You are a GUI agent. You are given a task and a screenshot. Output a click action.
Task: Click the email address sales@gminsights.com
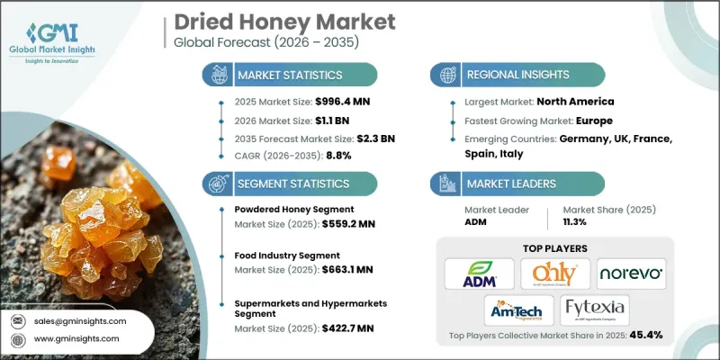point(81,319)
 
